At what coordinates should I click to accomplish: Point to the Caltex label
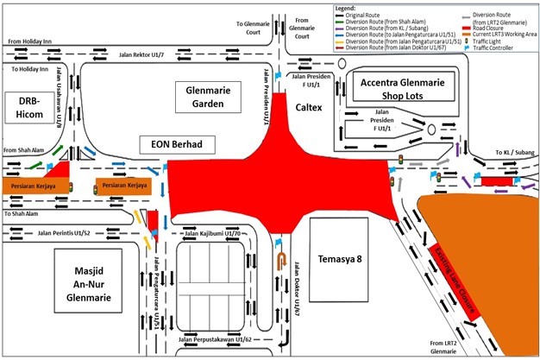310,110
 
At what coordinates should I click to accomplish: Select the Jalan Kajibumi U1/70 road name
213,233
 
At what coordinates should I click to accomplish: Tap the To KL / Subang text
512,151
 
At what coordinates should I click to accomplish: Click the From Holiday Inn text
34,40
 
